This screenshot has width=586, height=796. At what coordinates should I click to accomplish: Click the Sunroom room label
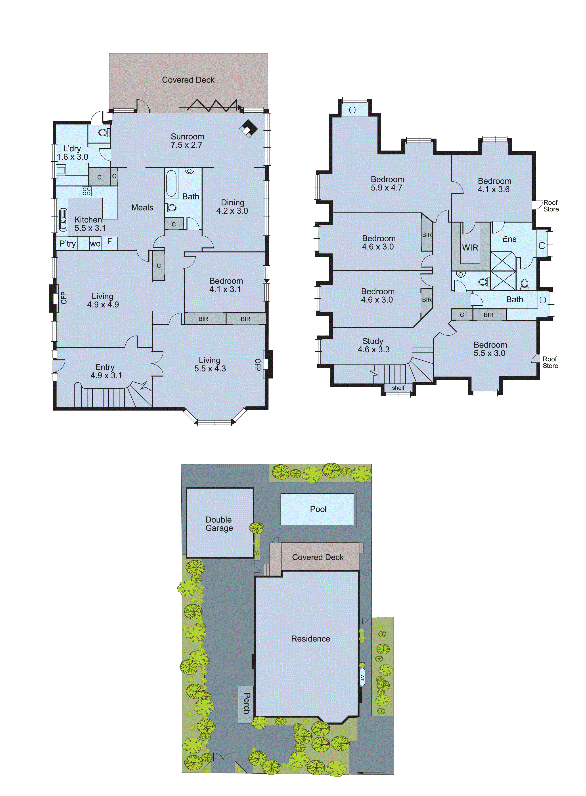pyautogui.click(x=187, y=137)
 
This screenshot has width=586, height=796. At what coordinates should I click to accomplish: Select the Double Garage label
pyautogui.click(x=219, y=524)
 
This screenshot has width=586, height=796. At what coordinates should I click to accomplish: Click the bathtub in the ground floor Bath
pyautogui.click(x=171, y=183)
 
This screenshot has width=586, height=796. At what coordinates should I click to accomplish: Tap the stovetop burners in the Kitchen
pyautogui.click(x=86, y=191)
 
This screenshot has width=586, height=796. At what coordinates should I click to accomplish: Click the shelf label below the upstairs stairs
pyautogui.click(x=398, y=388)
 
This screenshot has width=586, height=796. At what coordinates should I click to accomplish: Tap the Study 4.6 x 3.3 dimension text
pyautogui.click(x=373, y=350)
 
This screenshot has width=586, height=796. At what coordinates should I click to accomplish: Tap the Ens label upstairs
pyautogui.click(x=509, y=239)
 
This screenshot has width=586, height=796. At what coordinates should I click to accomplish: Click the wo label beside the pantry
pyautogui.click(x=95, y=244)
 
